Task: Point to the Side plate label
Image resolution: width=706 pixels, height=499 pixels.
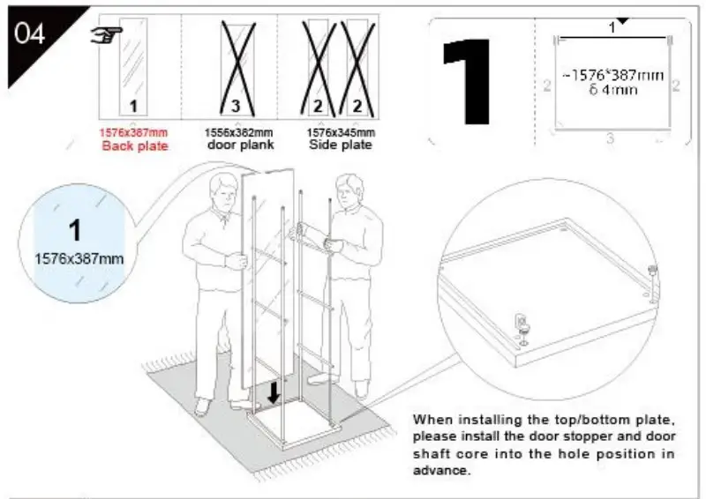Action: point(340,145)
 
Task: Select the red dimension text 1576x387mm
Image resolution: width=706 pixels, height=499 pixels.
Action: point(132,133)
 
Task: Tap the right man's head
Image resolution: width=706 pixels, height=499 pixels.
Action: point(349,187)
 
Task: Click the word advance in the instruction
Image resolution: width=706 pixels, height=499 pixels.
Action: point(440,470)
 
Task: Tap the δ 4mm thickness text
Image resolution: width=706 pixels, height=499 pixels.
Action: point(606,91)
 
